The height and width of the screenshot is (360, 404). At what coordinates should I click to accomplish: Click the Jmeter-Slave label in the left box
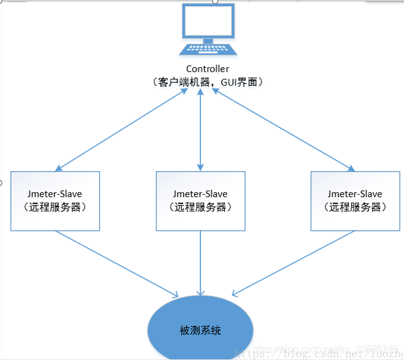pos(55,194)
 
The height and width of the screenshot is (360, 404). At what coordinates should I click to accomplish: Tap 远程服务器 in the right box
pos(355,207)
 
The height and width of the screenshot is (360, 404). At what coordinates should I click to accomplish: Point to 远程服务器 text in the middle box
pos(201,207)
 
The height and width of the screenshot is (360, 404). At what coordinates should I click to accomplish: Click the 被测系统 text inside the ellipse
pos(201,330)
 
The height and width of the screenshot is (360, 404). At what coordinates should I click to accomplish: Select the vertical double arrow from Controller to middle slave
pos(201,129)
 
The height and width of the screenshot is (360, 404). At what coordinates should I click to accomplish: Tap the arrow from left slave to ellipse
pos(117,264)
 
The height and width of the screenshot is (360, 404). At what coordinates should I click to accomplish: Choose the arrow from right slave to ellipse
pos(293,264)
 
